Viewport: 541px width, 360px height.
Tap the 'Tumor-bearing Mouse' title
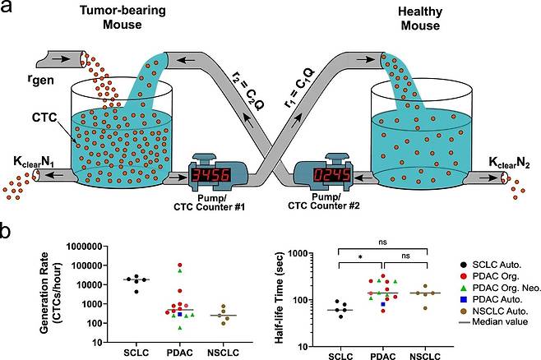(x=134, y=19)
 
